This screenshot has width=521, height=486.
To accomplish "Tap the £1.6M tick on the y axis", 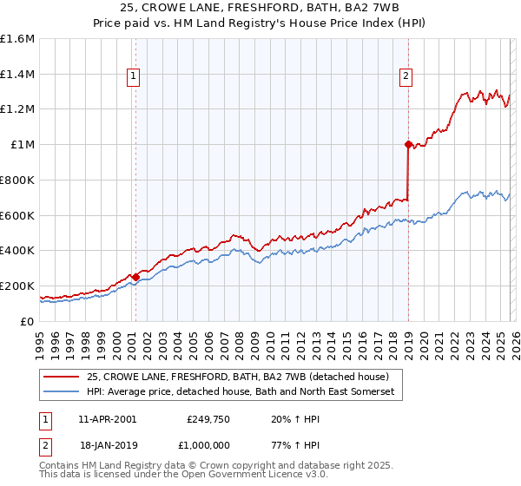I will (x=17, y=39).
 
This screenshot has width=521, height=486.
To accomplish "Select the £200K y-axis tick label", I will (x=17, y=286).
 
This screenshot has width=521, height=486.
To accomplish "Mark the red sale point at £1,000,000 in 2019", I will (x=407, y=145).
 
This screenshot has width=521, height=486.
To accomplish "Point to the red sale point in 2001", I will (x=135, y=278).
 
